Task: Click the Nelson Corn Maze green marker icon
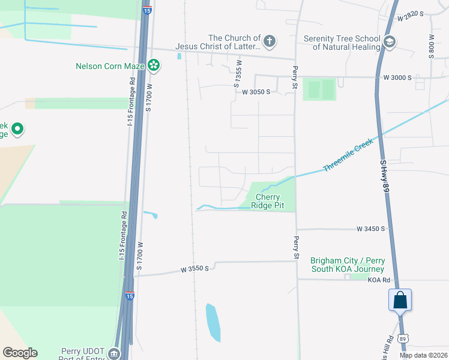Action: tap(154, 65)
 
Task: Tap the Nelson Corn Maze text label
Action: tap(110, 66)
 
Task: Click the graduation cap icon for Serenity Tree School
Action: tap(389, 41)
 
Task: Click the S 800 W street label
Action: tap(431, 46)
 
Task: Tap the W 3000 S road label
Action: tap(398, 78)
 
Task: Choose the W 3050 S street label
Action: tap(256, 92)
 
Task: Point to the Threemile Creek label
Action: tap(348, 155)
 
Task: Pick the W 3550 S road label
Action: tap(194, 269)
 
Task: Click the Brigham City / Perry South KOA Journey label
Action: tap(347, 265)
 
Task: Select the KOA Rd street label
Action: tap(379, 280)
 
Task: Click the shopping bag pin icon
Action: tap(400, 300)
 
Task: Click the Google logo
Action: tap(20, 353)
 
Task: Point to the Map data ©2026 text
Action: tap(423, 355)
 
